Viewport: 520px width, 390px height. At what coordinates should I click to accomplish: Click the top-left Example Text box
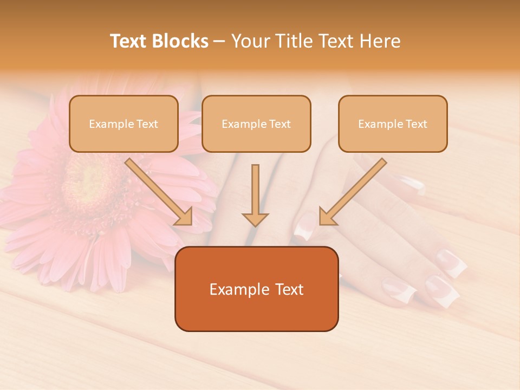coord(123,124)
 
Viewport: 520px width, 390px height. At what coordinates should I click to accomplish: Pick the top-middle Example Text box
coord(256,124)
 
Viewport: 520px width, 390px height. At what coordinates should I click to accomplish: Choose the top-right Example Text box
coord(393,124)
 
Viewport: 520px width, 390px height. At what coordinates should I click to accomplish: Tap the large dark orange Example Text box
coord(256,289)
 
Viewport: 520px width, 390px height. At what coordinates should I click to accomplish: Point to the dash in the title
coord(219,42)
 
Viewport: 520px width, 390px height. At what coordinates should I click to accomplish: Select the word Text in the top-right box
coord(415,124)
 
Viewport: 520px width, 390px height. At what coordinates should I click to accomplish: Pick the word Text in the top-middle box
coord(279,124)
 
